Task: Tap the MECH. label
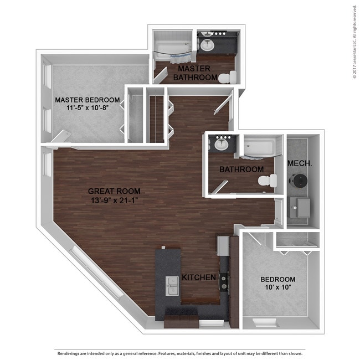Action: pos(297,164)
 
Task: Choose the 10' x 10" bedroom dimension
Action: pos(277,288)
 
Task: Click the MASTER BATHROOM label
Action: pos(194,73)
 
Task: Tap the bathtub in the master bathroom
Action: pos(172,50)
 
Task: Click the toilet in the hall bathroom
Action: pos(267,181)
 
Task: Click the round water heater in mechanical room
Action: pos(299,181)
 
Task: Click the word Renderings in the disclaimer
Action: pos(70,353)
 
